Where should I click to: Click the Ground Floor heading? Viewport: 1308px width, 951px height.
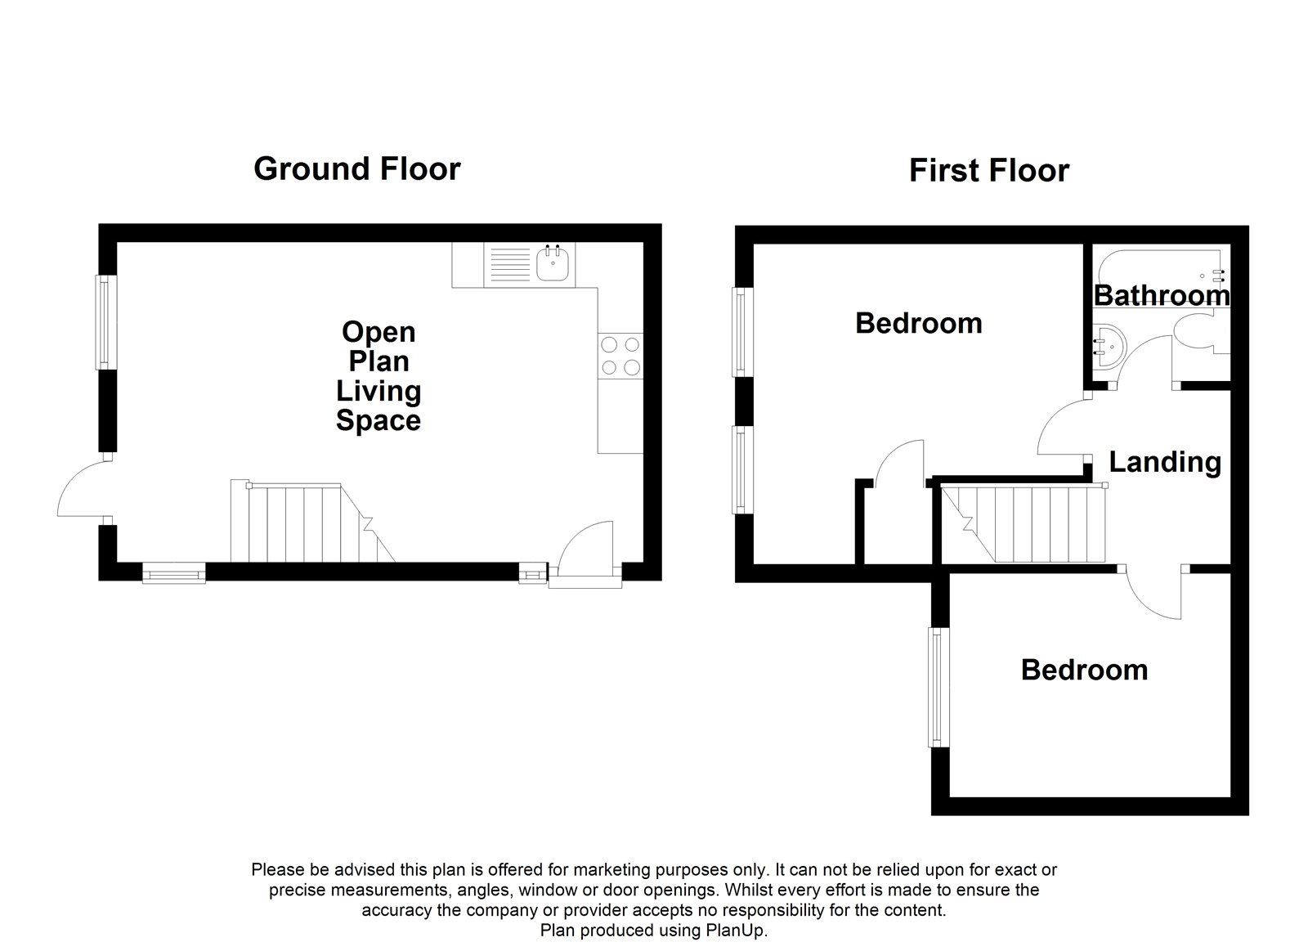356,168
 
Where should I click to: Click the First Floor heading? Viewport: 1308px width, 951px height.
988,171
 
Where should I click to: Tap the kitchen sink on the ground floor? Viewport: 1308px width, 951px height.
553,264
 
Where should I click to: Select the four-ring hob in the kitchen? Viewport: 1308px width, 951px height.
620,356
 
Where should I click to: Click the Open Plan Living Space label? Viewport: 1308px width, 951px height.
379,376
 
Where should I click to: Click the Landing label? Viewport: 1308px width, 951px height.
1164,462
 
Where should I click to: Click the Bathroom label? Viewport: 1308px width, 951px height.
1161,295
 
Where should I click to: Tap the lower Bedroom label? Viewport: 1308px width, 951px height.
1084,670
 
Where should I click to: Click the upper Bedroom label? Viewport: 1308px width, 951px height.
918,323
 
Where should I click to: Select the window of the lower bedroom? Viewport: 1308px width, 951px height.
937,687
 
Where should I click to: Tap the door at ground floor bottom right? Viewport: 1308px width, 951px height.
585,556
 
